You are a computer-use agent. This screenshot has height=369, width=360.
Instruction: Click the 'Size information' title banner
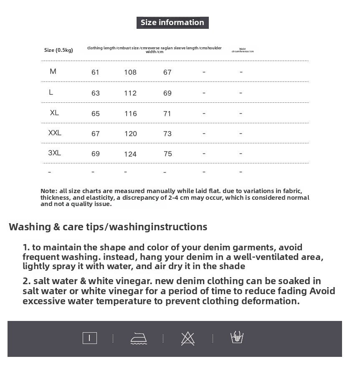[x=172, y=23]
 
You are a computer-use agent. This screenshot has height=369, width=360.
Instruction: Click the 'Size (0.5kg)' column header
[x=58, y=50]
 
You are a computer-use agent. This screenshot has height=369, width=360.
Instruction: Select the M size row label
[x=53, y=71]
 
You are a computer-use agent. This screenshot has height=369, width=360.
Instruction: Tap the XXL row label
[x=55, y=133]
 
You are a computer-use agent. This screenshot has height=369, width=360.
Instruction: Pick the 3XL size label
[x=54, y=153]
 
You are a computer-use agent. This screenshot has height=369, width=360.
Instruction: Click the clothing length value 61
[x=95, y=72]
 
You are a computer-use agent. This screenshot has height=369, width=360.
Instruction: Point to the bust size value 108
[x=130, y=72]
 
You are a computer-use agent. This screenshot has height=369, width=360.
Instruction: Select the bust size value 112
[x=130, y=93]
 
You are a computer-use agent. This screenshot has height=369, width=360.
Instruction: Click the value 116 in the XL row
[x=130, y=114]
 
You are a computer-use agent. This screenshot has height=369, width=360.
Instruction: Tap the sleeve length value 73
[x=167, y=134]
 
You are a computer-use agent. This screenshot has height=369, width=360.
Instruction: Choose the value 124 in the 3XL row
[x=130, y=154]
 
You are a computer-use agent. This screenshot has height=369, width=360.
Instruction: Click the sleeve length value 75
[x=168, y=154]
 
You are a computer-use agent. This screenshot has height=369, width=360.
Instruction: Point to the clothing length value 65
[x=95, y=114]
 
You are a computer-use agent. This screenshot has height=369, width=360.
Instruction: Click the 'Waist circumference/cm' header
[x=243, y=50]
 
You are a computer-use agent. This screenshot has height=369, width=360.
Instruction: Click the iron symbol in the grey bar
[x=139, y=338]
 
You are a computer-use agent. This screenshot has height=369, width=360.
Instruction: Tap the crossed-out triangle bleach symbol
[x=188, y=338]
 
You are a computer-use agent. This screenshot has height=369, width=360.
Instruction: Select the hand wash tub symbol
[x=237, y=337]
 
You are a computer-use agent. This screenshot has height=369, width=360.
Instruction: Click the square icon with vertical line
[x=89, y=338]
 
